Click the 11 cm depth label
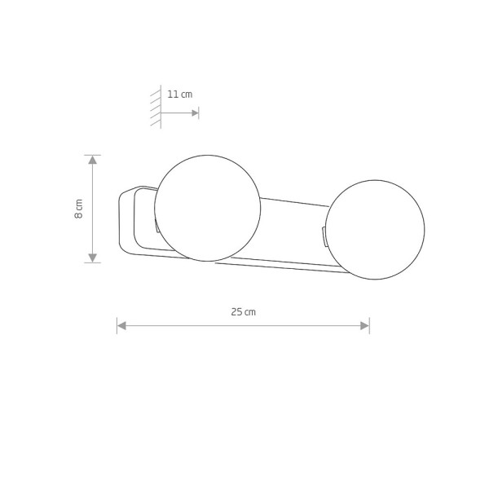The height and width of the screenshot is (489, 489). coord(180,95)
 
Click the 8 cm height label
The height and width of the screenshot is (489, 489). coord(79,209)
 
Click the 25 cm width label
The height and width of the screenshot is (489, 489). coord(243,312)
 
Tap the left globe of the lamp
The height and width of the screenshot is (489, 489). coord(207,208)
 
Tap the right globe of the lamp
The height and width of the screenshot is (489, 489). coord(375,230)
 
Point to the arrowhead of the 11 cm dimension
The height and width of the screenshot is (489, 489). coord(196,113)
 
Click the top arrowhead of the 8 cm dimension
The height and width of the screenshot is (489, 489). coord(93,160)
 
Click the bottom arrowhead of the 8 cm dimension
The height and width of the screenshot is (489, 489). coord(93,258)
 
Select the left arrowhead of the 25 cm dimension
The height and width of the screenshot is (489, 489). coord(121,326)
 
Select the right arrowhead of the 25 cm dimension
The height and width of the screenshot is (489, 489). coord(364,326)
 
